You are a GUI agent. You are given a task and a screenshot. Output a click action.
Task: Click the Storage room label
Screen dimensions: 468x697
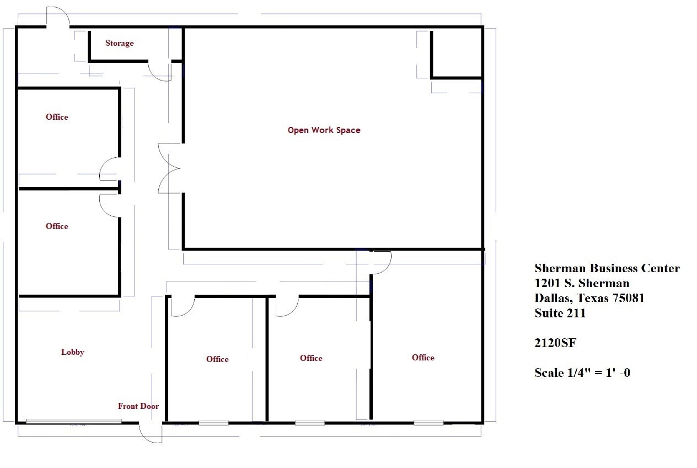119,43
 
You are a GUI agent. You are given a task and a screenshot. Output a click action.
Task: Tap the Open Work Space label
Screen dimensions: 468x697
324,130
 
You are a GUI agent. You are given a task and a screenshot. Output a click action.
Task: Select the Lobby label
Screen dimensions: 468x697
72,352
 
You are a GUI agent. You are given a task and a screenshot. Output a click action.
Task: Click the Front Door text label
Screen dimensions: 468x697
138,406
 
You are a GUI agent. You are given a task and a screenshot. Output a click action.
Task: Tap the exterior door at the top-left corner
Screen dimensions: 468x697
57,17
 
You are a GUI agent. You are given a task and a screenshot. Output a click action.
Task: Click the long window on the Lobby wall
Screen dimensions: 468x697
73,422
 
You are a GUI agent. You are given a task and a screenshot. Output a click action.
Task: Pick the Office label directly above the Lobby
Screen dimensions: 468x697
57,226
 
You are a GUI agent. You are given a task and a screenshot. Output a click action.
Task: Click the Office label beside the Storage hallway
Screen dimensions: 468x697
57,117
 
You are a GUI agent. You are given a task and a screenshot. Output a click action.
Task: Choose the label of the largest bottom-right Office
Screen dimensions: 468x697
423,358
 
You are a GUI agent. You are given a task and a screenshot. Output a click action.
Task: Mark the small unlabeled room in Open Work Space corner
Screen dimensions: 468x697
457,54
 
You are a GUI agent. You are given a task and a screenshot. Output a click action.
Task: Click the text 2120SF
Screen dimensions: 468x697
555,343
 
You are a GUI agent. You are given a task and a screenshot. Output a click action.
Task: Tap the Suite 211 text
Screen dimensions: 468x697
560,313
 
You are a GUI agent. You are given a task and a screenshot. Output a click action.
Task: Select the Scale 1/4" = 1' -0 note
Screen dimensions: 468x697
582,373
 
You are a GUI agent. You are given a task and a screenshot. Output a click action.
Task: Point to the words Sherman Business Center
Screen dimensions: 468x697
607,269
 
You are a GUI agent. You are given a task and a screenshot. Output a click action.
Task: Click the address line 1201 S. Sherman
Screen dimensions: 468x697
581,284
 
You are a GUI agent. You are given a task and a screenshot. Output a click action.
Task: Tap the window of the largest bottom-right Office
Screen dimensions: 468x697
428,423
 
